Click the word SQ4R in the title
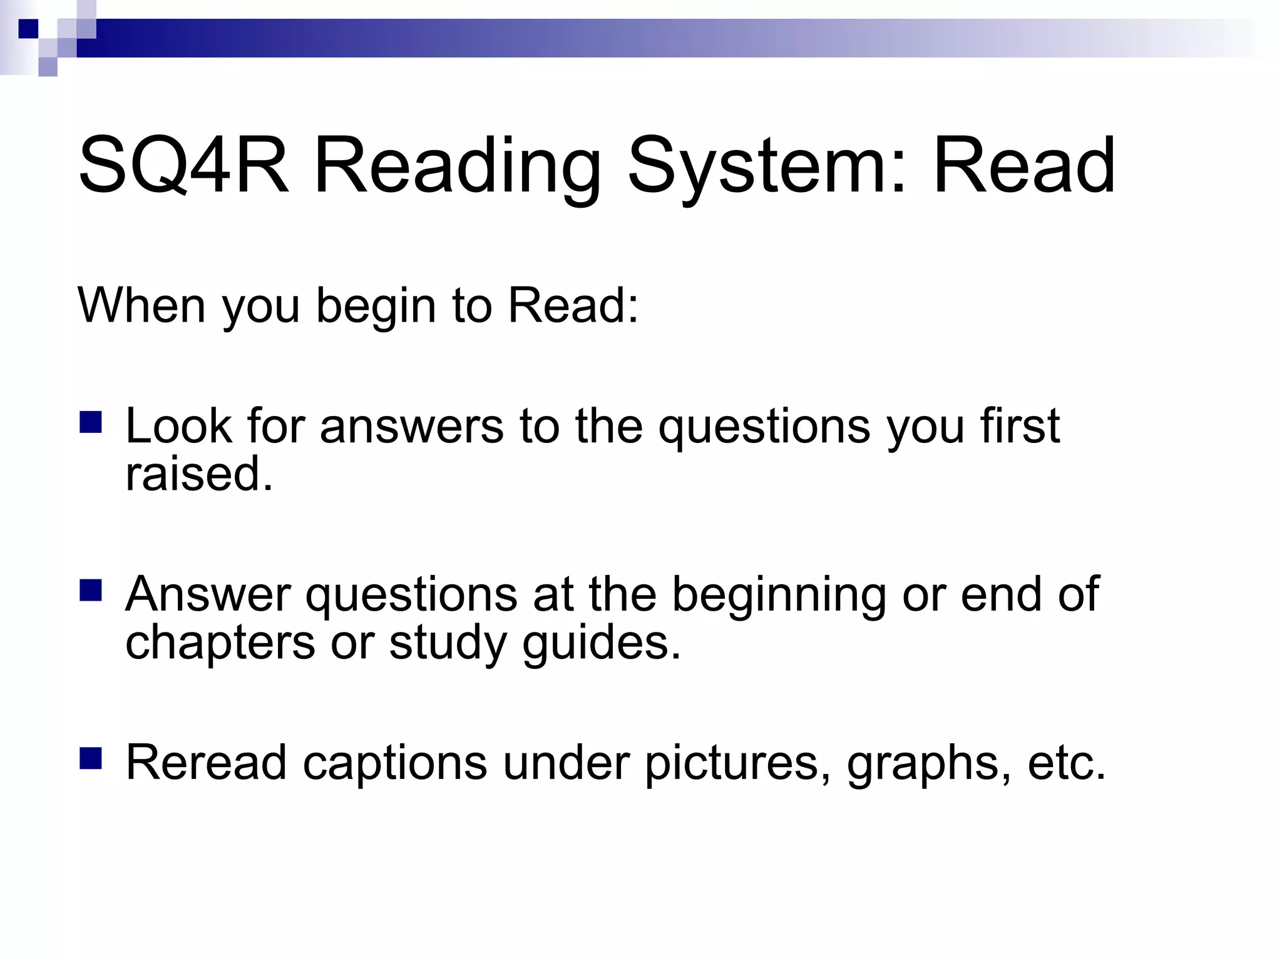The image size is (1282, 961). pos(184,166)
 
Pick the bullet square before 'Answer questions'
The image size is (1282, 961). pos(91,590)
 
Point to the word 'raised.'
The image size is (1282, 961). pos(199,474)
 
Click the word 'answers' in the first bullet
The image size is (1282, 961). pos(411,426)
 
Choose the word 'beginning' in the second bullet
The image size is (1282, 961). pos(779,594)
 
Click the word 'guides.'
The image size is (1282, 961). pos(602,643)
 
